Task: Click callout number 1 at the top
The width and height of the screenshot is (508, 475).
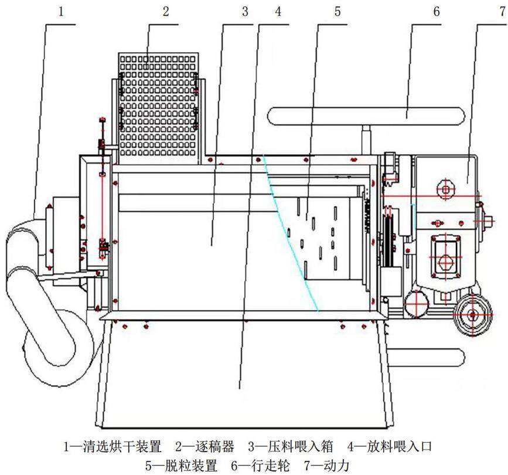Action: pos(62,12)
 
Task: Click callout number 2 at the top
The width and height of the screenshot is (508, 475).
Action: pos(166,12)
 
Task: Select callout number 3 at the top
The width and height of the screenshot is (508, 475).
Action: pos(245,12)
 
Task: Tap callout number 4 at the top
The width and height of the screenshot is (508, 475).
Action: pos(278,12)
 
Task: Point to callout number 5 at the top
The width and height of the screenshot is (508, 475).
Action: pos(337,12)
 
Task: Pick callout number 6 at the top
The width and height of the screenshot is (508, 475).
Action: pos(437,12)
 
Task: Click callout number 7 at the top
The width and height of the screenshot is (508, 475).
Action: pos(503,12)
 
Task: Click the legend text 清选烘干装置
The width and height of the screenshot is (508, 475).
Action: pos(122,447)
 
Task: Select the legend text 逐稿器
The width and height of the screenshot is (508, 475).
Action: pos(215,447)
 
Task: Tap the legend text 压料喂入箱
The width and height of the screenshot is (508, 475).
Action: pos(301,447)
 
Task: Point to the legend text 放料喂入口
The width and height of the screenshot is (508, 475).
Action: pos(400,447)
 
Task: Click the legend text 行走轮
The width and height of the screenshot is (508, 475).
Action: pos(270,466)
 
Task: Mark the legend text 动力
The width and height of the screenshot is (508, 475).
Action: pos(336,466)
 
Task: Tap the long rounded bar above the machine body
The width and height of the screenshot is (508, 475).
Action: pos(366,116)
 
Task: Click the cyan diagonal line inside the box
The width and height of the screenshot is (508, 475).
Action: pos(291,233)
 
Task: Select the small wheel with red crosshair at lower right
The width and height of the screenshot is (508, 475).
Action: pos(473,314)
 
